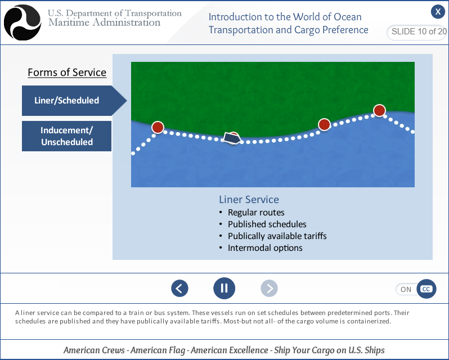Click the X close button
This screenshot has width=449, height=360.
[438, 12]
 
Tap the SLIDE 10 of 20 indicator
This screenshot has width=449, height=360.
[418, 32]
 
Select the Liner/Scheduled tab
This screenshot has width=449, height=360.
[68, 101]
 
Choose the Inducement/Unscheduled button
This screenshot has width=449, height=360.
[66, 136]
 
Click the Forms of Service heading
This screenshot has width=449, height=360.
[67, 73]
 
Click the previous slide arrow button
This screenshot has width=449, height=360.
[179, 289]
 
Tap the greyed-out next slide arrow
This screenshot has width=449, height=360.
[270, 289]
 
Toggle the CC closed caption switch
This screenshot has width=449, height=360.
[416, 289]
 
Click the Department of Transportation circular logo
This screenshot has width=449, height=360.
[23, 22]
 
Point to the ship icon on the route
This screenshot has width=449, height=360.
[230, 138]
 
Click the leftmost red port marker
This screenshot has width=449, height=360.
[158, 128]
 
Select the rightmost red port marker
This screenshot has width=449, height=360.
[379, 110]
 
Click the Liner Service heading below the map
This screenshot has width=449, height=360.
[249, 200]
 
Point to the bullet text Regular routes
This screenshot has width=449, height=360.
[256, 213]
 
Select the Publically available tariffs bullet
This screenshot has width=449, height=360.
[277, 236]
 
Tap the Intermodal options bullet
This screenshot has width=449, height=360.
[265, 248]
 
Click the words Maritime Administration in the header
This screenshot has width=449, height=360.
[104, 23]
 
